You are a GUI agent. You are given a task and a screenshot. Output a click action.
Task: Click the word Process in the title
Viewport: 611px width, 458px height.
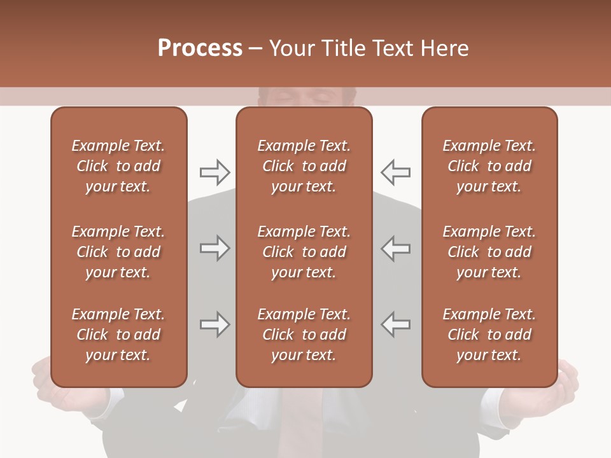(200, 48)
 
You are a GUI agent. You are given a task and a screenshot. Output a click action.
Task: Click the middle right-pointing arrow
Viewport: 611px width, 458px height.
(214, 248)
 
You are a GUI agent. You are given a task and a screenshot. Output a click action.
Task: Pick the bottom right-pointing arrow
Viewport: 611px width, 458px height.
(214, 324)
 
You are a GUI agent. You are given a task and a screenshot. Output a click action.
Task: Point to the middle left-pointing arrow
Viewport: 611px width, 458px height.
(395, 248)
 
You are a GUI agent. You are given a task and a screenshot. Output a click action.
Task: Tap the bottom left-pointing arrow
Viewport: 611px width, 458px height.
(395, 324)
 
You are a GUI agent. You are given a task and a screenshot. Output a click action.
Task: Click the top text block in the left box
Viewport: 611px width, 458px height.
(118, 166)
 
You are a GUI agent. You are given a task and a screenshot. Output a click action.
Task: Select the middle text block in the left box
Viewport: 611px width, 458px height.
(118, 252)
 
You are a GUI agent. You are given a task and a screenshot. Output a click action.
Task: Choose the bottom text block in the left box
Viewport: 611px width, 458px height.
(118, 335)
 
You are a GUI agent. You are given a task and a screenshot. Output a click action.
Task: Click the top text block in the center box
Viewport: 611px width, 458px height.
(304, 166)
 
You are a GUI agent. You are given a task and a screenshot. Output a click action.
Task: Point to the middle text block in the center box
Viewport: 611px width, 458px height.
(304, 252)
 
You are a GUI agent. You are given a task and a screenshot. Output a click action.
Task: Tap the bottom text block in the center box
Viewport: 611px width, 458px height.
(304, 335)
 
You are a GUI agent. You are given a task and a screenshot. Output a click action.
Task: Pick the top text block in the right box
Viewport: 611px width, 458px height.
(489, 166)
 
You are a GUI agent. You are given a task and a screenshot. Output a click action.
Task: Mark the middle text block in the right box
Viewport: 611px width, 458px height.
(489, 252)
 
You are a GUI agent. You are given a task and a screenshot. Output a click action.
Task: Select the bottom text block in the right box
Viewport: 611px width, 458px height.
(489, 335)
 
